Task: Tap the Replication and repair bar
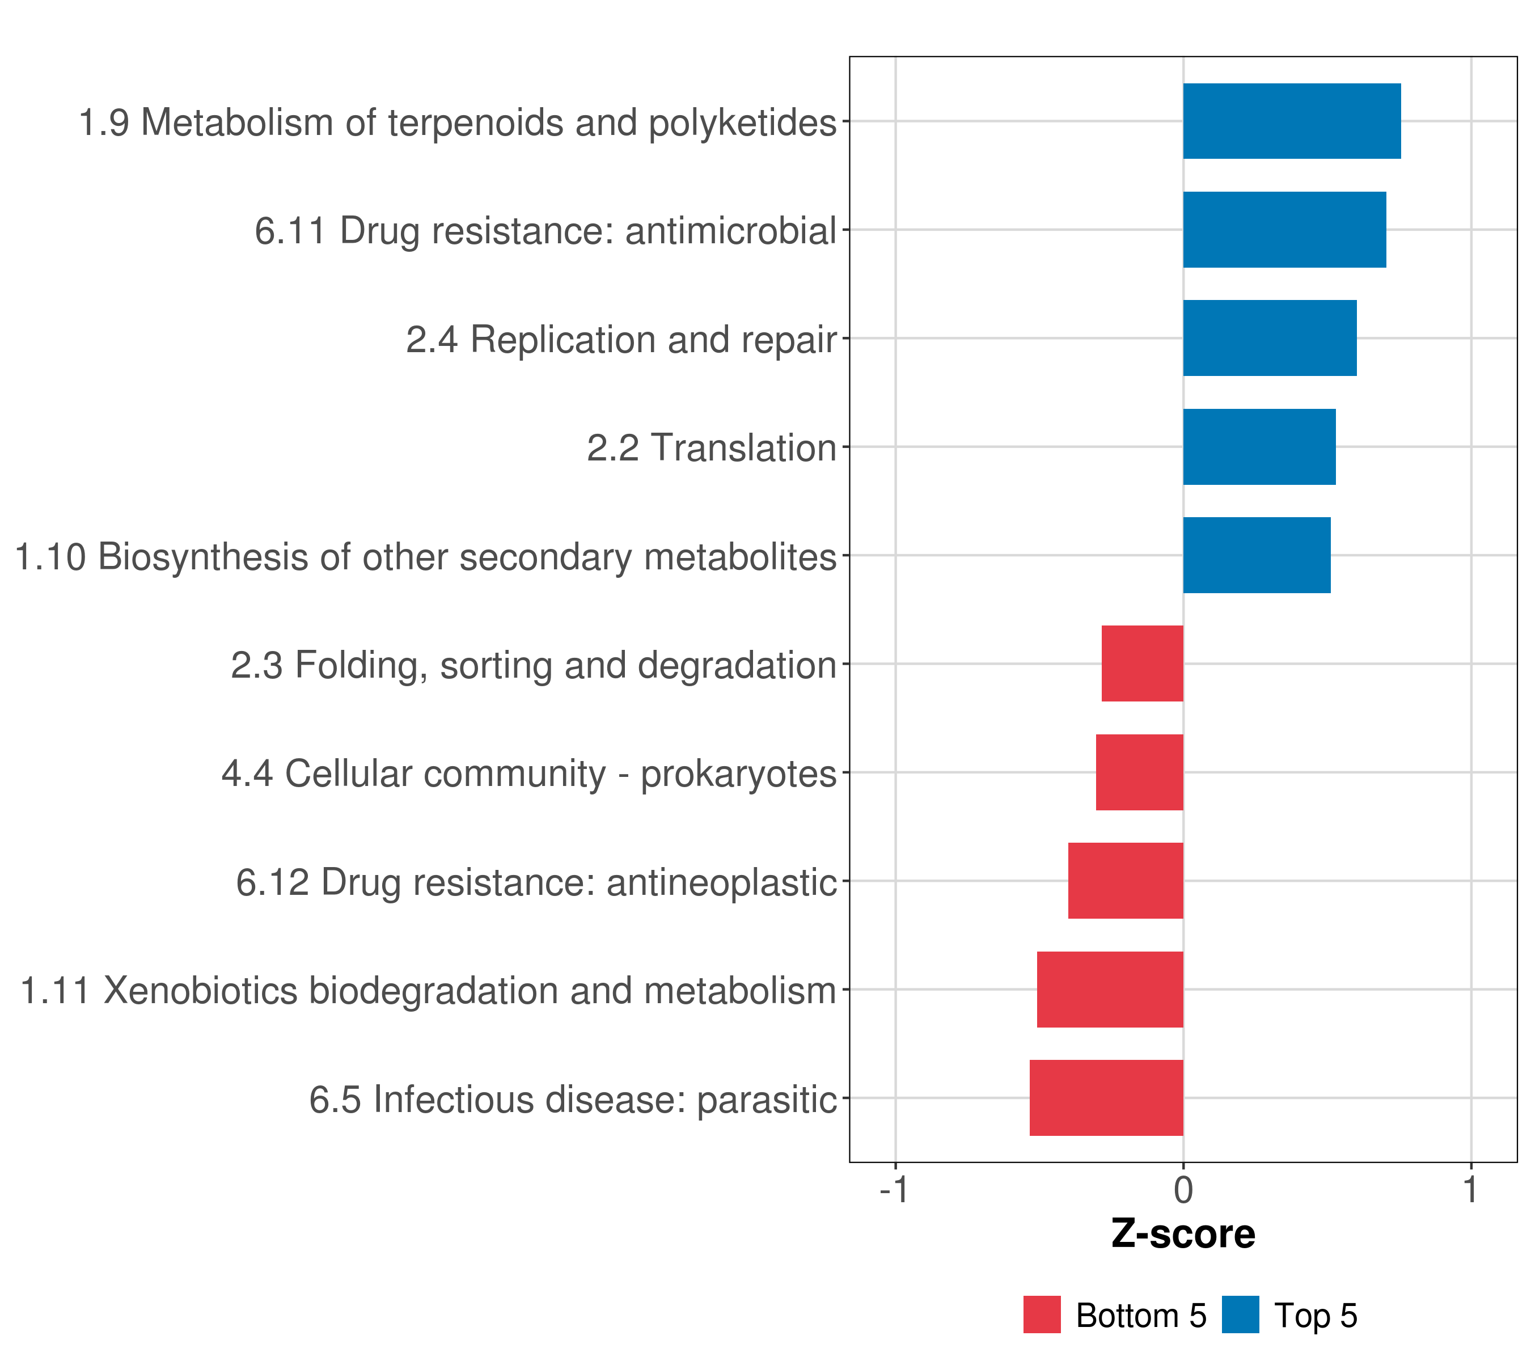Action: (1270, 338)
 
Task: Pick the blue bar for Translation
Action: (1259, 447)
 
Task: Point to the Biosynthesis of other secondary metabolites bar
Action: (1257, 555)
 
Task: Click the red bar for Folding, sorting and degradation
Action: (1142, 663)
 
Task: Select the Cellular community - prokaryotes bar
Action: (1139, 772)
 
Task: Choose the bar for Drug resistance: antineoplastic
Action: (1126, 881)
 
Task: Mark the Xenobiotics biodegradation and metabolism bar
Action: (1110, 990)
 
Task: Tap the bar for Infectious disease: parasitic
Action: (1106, 1098)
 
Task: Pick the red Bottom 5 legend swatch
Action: (1042, 1314)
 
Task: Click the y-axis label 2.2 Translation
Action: (712, 449)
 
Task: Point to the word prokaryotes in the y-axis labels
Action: (738, 775)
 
